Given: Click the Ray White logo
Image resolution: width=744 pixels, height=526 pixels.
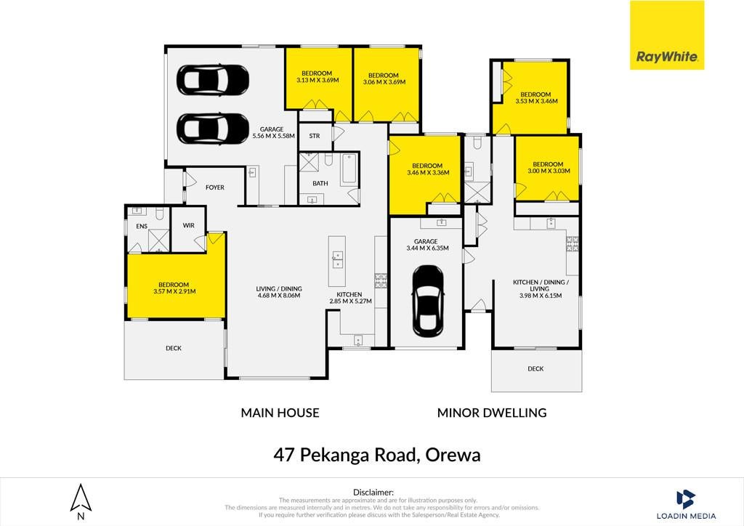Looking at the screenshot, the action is pos(667,35).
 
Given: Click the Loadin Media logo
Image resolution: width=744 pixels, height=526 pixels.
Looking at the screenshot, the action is pos(686,505).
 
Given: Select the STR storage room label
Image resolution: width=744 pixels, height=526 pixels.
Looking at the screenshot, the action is pos(314,136).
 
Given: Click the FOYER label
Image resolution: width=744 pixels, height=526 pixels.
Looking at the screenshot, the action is pos(215,187).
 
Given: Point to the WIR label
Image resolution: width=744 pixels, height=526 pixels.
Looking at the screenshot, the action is pos(188,225).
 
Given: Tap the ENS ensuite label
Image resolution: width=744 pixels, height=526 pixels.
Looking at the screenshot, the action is pos(142,226).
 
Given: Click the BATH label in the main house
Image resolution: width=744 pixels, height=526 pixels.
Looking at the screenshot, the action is pos(320,183).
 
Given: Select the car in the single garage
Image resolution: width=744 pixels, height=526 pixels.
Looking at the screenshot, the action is pos(428,301).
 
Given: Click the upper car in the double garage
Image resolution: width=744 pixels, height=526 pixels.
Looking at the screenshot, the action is pos(213,79).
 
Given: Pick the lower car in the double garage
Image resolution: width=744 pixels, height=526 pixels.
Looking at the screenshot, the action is pos(213,128).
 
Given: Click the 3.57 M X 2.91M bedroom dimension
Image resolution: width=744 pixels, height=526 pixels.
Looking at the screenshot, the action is pos(174,291).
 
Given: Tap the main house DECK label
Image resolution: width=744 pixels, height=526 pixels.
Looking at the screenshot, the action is pos(174,348).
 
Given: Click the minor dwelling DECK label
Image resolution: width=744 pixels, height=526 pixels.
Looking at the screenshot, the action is pos(535,368).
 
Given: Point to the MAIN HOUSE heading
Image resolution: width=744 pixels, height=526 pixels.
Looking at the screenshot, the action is pos(280,413).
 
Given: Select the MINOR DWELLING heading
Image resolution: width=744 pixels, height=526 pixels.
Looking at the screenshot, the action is pos(492,413).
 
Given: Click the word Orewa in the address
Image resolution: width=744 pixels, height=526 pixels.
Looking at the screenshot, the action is pos(453,455).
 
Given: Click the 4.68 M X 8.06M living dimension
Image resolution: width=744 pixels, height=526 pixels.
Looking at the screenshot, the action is pos(279,295).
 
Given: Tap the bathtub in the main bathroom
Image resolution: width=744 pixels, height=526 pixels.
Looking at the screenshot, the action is pos(349,168).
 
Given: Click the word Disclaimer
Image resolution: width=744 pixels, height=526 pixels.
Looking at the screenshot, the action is pos(373,493).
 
